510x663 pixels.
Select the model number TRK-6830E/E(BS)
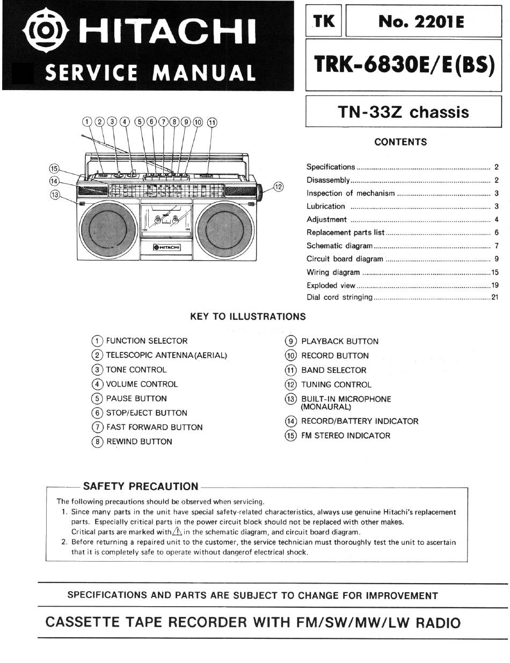(404, 64)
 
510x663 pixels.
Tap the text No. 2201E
(421, 21)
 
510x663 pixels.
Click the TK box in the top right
(324, 21)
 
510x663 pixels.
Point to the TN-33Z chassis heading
(403, 112)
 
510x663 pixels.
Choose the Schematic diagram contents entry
(339, 246)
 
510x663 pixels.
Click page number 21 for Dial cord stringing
(495, 297)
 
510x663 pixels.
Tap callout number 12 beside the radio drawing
(278, 187)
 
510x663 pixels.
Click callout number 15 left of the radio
(54, 168)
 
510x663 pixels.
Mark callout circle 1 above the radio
(88, 122)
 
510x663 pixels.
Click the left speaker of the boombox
(109, 229)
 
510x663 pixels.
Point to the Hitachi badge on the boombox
(167, 247)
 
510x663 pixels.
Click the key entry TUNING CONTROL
(336, 385)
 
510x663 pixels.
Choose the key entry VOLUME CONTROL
(142, 384)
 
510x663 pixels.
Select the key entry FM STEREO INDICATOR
(346, 436)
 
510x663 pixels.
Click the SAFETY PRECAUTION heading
(141, 487)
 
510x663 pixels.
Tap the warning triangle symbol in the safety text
(177, 532)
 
